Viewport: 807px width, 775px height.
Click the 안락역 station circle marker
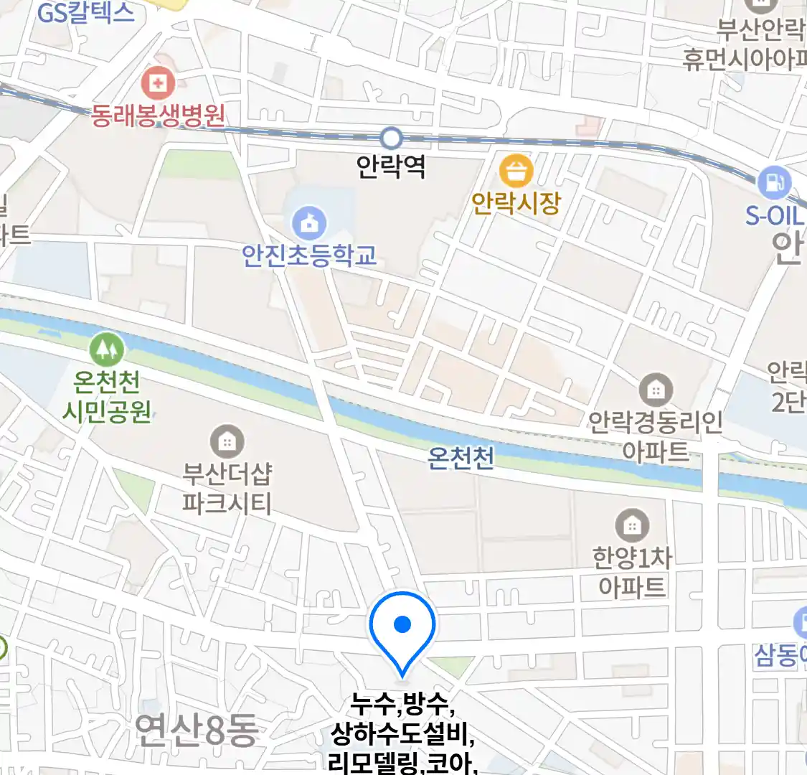click(391, 137)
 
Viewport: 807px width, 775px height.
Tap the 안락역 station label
click(391, 166)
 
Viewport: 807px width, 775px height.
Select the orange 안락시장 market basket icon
click(516, 172)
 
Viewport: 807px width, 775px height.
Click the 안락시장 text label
click(516, 203)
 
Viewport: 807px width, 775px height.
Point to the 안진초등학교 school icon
click(309, 224)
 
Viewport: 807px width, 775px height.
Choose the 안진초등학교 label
click(309, 255)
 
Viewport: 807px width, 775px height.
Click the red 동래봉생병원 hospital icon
click(158, 84)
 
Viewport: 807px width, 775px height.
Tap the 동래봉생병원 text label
click(158, 115)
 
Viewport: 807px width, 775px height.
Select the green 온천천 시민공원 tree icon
click(106, 349)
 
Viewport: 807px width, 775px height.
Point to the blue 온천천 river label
click(461, 457)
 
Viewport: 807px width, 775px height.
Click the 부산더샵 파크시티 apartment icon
click(227, 441)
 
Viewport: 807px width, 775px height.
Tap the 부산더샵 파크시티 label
click(227, 488)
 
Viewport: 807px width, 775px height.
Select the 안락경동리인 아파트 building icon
click(655, 390)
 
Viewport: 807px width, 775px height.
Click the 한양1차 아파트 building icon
click(631, 525)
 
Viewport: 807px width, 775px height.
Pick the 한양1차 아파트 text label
click(632, 572)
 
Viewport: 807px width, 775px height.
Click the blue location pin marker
click(402, 626)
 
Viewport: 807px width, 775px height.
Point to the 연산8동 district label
click(196, 730)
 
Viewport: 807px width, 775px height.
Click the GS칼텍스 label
click(85, 12)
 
